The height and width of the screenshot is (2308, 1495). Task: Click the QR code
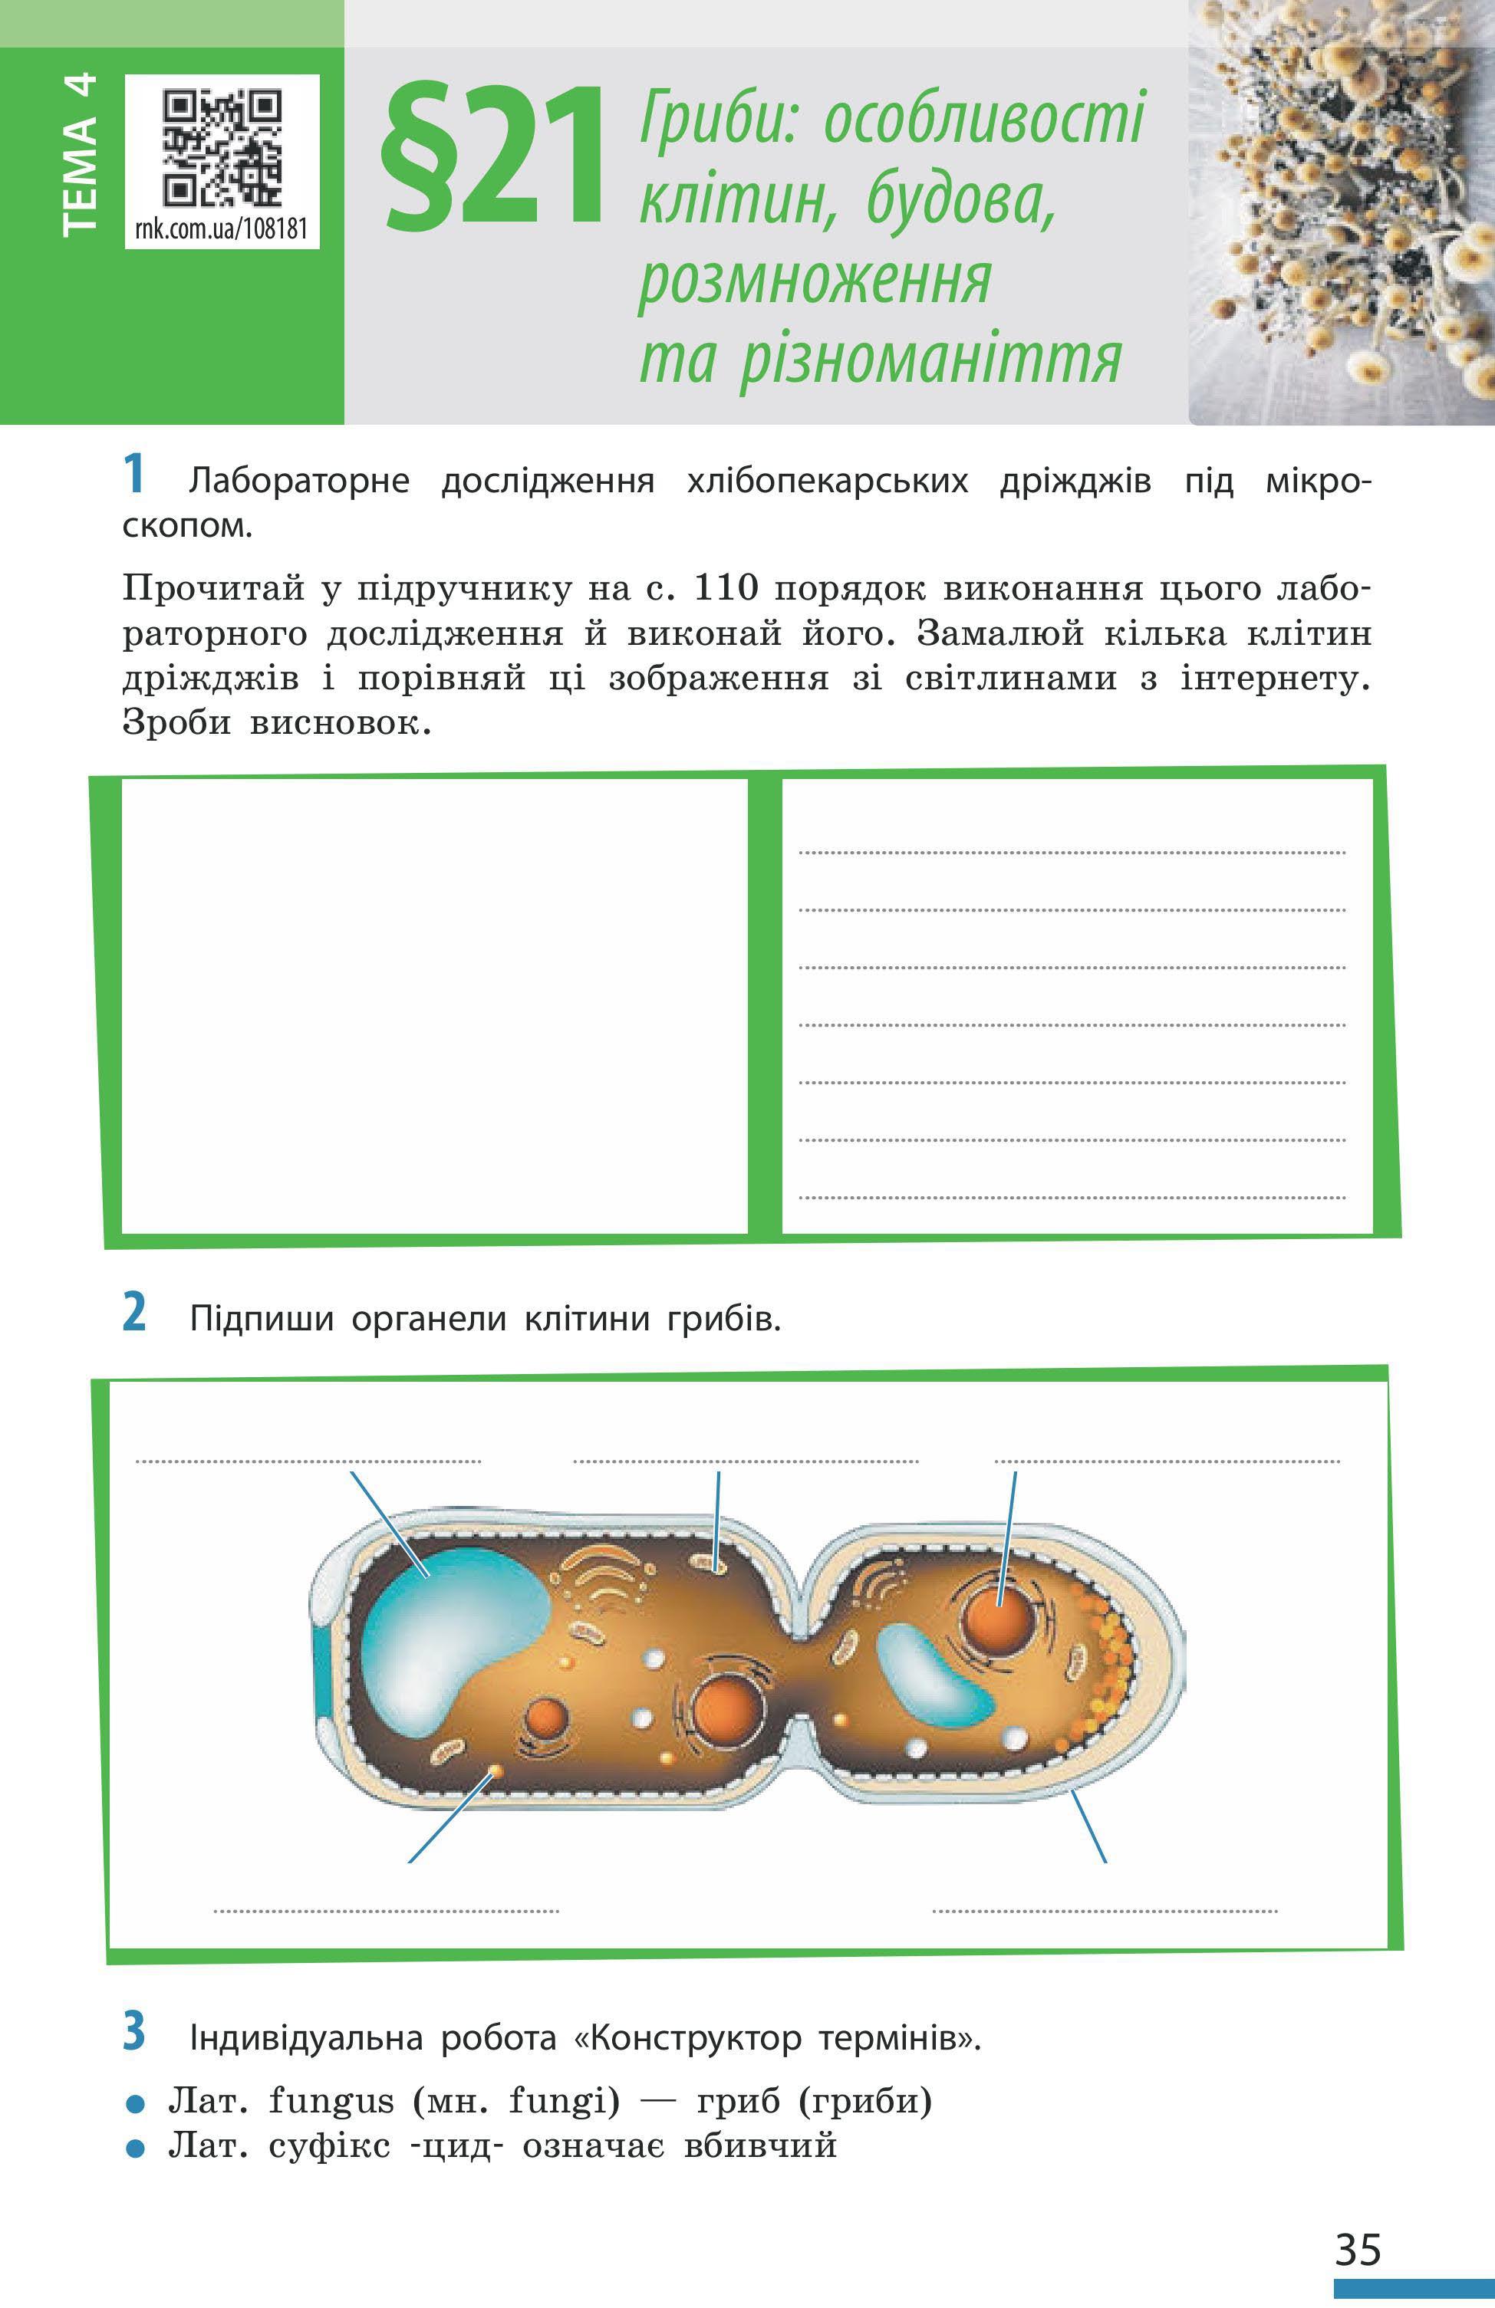coord(222,146)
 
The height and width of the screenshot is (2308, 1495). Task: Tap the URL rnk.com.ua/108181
coord(222,228)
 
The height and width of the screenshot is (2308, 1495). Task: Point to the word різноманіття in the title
coord(930,360)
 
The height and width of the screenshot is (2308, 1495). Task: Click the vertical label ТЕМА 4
coord(80,154)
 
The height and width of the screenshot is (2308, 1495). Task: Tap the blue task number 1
coord(135,476)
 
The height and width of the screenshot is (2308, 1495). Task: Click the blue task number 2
coord(135,1315)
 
